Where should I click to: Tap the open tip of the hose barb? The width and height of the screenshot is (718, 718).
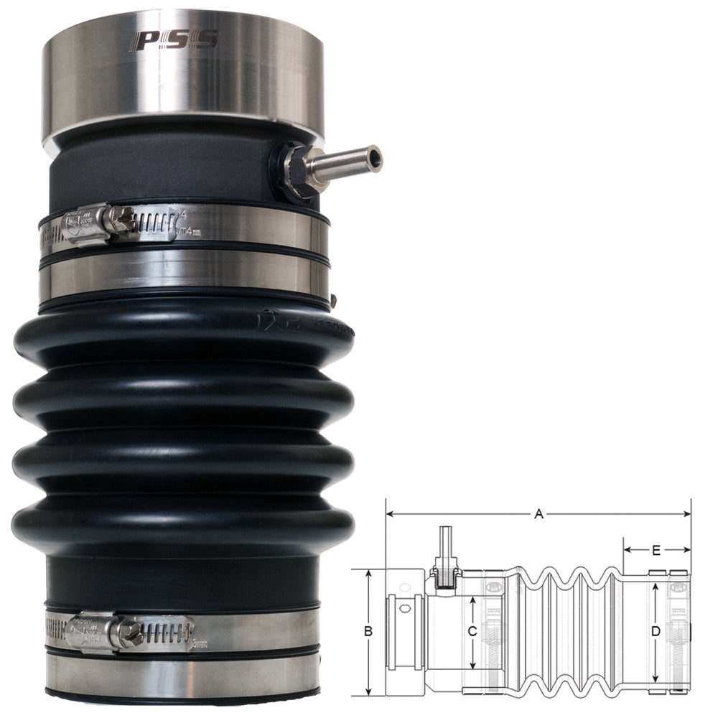tap(374, 157)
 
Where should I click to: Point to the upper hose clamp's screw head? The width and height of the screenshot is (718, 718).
tap(122, 220)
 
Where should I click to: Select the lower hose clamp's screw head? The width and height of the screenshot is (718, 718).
tap(131, 633)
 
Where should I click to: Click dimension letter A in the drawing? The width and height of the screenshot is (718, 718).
tap(538, 513)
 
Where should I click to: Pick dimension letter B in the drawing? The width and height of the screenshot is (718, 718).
tap(368, 632)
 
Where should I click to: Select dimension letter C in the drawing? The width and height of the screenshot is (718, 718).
tap(472, 632)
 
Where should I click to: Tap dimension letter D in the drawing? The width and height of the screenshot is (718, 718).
tap(655, 632)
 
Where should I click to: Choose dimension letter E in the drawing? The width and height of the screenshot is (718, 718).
tap(656, 551)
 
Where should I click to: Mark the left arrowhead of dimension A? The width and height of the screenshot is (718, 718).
tap(390, 514)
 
